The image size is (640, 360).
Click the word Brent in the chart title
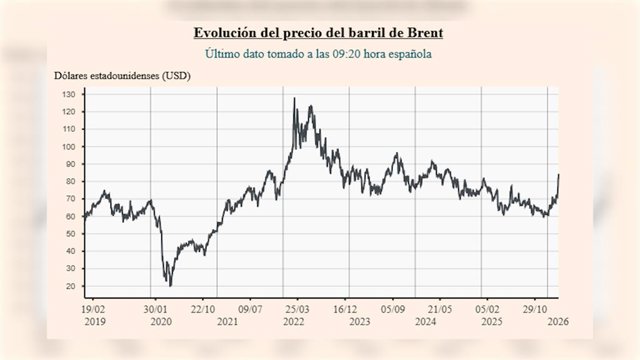coord(425,32)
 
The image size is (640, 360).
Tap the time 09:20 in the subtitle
coord(347,54)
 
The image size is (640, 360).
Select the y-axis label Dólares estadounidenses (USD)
coord(122,76)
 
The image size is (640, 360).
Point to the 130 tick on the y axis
coord(68,94)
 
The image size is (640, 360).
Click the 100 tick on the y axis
coord(68,147)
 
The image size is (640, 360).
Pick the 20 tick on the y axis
coord(70,286)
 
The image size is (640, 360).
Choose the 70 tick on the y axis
coord(70,199)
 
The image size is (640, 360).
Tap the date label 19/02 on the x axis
coord(93,309)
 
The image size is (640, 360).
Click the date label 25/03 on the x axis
coord(297,309)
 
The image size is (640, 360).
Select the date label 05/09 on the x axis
coord(393,309)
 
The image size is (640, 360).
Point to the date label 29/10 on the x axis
coord(535,309)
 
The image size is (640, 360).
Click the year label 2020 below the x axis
coord(161,322)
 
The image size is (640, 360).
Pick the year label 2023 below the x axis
coord(360,322)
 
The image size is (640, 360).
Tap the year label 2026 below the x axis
coord(558,322)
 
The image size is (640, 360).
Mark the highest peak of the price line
coord(294,98)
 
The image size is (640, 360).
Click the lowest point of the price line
coord(170,286)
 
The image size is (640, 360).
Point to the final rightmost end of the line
coord(558,174)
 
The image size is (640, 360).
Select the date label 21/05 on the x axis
coord(440,309)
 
